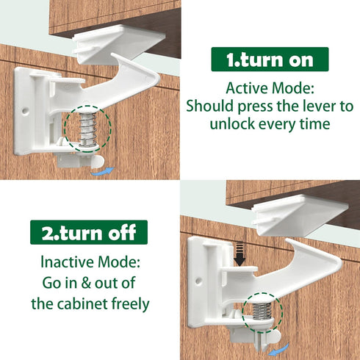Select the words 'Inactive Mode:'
pyautogui.click(x=88, y=261)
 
